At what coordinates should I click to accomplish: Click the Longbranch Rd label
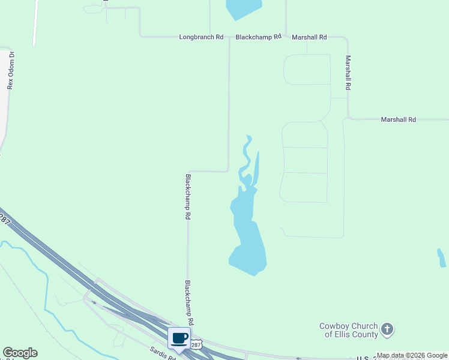pos(201,37)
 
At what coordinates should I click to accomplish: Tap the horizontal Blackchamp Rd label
pos(258,37)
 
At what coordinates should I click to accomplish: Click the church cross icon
pos(388,329)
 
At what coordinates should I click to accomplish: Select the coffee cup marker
pos(179,338)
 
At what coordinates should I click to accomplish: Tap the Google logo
pos(20,353)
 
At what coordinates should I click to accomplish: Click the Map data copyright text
pos(412,356)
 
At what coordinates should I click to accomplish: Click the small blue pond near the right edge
pos(441,258)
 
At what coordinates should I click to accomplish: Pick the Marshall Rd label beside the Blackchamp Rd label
pos(309,37)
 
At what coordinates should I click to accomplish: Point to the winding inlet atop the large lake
pos(246,159)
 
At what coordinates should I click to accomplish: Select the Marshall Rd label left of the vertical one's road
pos(399,120)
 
